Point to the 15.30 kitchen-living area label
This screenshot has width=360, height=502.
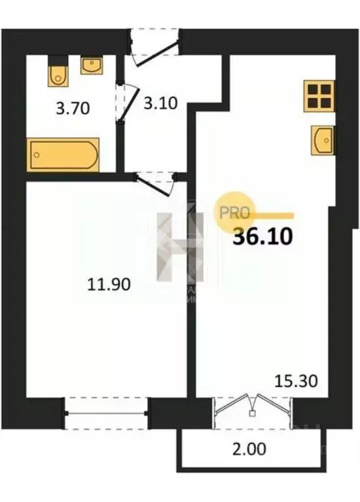pyautogui.click(x=296, y=380)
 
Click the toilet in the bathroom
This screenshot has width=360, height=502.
pyautogui.click(x=58, y=74)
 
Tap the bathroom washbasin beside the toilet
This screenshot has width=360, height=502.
pyautogui.click(x=90, y=65)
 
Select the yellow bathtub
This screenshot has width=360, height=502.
pyautogui.click(x=63, y=154)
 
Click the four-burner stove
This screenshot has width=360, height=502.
pyautogui.click(x=319, y=97)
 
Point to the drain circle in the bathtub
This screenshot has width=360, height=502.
pyautogui.click(x=38, y=156)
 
